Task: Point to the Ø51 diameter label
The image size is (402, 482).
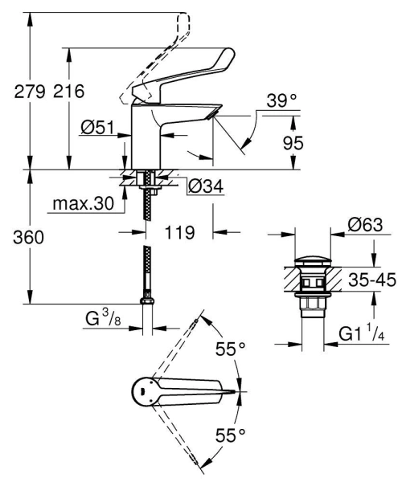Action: (98, 126)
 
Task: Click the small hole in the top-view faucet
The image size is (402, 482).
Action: (143, 393)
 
